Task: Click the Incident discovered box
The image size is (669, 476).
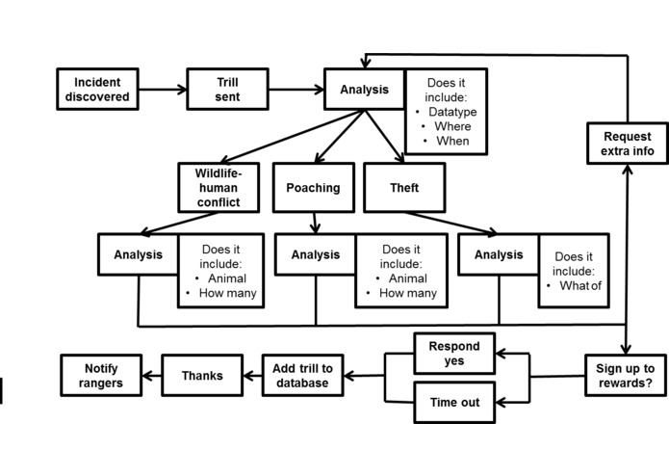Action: pos(97,90)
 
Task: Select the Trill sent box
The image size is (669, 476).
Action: pos(227,90)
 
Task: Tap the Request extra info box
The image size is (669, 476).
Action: pos(628,144)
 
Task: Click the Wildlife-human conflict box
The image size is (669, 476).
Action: pos(219,187)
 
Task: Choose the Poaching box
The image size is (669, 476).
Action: pos(314,187)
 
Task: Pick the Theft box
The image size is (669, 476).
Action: pos(404,187)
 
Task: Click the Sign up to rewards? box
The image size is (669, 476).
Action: pos(626,375)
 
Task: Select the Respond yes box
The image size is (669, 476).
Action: pos(454,354)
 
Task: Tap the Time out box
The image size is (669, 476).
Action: pos(454,402)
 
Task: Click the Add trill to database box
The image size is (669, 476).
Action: pos(302,375)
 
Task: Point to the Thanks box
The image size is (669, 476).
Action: pos(202,375)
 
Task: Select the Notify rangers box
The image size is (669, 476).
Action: pos(101,375)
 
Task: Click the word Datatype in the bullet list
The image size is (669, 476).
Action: pos(452,112)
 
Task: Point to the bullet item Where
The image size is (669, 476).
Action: pos(452,126)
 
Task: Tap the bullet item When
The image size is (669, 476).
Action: pos(452,141)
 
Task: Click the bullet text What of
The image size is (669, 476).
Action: pos(580,285)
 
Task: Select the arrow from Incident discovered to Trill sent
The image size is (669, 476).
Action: pos(163,90)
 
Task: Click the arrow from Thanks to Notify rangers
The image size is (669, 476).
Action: pos(152,376)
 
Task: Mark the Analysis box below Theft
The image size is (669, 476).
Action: pos(499,254)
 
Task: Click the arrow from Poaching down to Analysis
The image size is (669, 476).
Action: pos(315,223)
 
